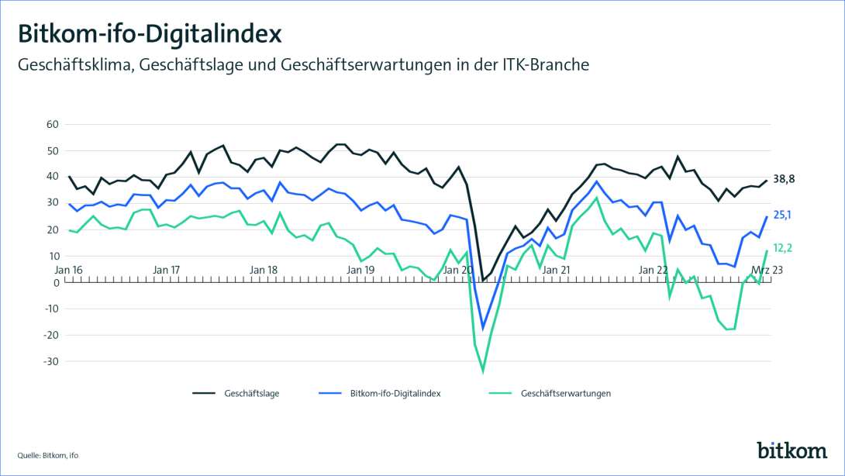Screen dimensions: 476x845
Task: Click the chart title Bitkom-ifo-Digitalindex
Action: click(x=149, y=35)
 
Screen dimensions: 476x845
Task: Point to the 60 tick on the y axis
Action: click(x=53, y=124)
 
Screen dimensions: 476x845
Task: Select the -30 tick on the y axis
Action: click(x=51, y=361)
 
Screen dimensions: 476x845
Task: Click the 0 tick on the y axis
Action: click(x=56, y=282)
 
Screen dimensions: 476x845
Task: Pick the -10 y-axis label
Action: click(x=51, y=309)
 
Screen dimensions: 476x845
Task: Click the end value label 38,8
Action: click(x=784, y=179)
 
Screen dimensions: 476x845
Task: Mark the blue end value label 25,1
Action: click(x=784, y=215)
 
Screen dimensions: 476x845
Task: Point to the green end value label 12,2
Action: click(x=784, y=248)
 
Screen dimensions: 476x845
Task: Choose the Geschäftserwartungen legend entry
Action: click(x=566, y=393)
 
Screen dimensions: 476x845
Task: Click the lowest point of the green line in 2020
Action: click(x=483, y=371)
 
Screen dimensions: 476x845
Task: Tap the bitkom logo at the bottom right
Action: click(x=792, y=450)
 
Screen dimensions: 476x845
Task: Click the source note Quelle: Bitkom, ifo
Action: click(x=48, y=454)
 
